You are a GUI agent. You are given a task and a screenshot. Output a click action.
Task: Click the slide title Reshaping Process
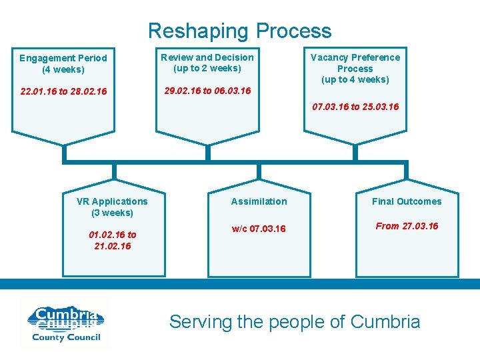pos(239,31)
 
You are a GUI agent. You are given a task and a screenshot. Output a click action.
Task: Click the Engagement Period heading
pos(63,58)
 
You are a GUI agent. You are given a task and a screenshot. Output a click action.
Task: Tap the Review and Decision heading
pos(207,57)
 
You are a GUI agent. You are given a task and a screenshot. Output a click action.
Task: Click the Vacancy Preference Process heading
pos(355,63)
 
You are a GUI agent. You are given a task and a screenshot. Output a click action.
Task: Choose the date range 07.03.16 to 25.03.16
pos(355,107)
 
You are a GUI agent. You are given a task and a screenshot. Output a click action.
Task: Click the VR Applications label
pos(112,201)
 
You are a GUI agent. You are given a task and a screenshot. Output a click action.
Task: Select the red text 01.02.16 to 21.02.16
pos(112,240)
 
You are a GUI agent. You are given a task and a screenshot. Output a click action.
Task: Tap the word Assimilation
pos(259,201)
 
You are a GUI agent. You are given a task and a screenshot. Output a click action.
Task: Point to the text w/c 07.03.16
pos(259,229)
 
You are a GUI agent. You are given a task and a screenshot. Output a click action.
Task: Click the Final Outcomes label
pos(407,201)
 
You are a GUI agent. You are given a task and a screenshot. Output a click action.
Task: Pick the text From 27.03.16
pos(407,226)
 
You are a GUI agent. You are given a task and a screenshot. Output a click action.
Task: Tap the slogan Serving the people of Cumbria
pos(295,322)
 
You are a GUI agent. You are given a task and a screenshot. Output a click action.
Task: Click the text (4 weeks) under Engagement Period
pos(63,69)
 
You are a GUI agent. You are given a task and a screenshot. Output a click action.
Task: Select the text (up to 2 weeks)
pos(207,68)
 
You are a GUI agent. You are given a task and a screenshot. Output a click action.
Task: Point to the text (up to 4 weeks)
pos(355,79)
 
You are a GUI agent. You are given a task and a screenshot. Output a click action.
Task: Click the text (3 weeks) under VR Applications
pos(112,213)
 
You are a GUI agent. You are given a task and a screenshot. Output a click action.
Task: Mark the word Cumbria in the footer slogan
pos(385,322)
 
